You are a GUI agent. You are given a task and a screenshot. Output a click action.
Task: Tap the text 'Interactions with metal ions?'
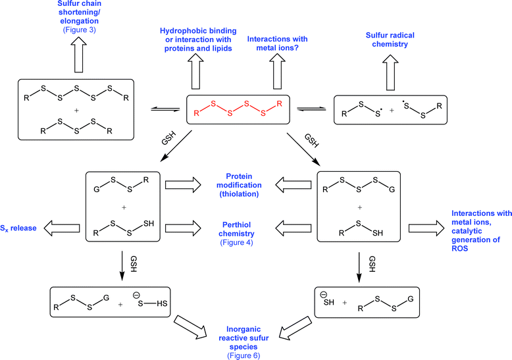(x=279, y=43)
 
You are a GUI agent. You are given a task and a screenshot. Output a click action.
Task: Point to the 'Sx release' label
(x=20, y=228)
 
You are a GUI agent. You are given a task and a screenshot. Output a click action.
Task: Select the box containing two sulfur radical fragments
(x=384, y=109)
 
